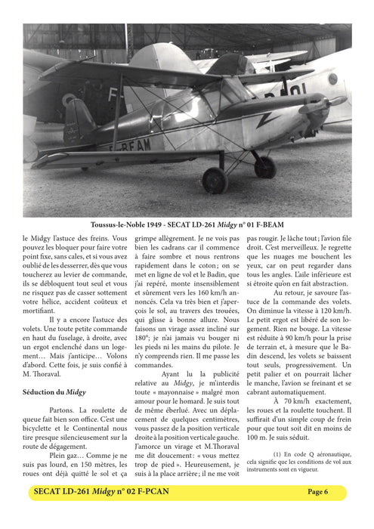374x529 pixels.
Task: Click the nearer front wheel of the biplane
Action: pos(215,180)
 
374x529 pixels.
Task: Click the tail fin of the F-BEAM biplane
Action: pos(78,121)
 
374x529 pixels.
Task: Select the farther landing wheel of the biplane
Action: pos(264,166)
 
